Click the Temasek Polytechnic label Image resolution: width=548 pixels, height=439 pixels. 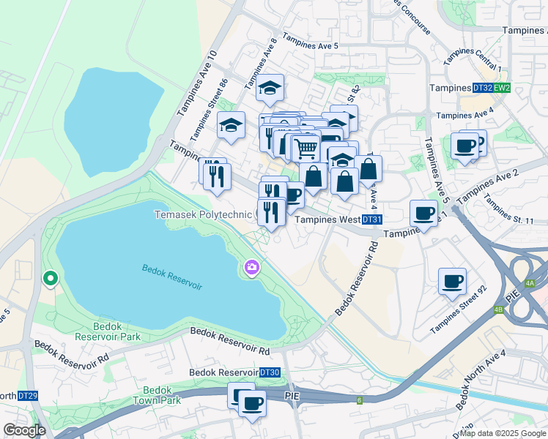pyautogui.click(x=202, y=215)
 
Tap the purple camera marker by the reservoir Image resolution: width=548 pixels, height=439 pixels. pyautogui.click(x=252, y=269)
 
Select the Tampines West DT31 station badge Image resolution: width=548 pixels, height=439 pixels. pyautogui.click(x=372, y=219)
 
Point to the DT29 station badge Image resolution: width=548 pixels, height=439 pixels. pyautogui.click(x=28, y=396)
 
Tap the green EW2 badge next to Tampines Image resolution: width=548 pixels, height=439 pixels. pyautogui.click(x=502, y=88)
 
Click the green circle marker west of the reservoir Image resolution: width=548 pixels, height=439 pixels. pyautogui.click(x=50, y=278)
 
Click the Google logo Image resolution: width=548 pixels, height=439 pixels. pyautogui.click(x=25, y=430)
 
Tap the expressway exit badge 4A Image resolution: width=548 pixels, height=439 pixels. pyautogui.click(x=530, y=283)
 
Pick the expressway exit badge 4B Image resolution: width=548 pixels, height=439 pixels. pyautogui.click(x=499, y=309)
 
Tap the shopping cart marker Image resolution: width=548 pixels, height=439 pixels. pyautogui.click(x=306, y=149)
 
